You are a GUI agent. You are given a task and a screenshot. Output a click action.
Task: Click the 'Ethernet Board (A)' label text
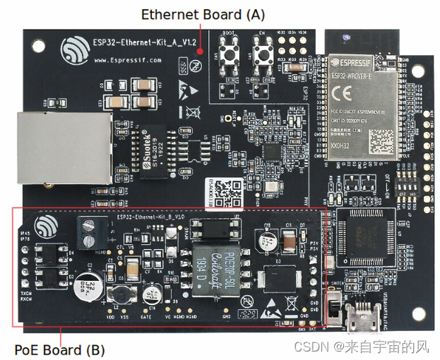[x=203, y=14]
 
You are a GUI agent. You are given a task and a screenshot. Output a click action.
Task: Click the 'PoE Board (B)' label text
[x=59, y=349]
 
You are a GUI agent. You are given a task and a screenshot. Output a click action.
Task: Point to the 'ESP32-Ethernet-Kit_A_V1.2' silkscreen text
[x=144, y=41]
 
